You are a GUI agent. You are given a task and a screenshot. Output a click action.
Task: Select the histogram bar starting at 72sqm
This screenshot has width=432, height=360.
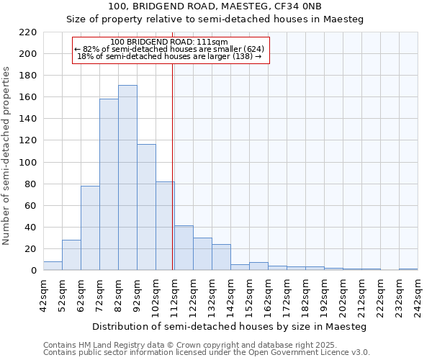click(x=109, y=184)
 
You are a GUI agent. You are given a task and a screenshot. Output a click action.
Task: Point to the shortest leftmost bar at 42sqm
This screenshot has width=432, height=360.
click(x=53, y=266)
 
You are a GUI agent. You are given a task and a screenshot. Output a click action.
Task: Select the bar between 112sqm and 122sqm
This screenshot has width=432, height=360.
click(x=184, y=248)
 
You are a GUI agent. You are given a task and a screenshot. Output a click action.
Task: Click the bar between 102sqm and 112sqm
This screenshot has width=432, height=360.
click(x=165, y=226)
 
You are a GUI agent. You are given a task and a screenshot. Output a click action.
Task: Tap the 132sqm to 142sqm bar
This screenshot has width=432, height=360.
click(x=221, y=257)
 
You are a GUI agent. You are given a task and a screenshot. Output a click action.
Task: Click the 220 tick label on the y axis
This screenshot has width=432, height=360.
click(x=27, y=32)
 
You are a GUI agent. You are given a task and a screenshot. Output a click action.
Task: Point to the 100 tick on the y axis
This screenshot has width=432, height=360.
click(x=27, y=163)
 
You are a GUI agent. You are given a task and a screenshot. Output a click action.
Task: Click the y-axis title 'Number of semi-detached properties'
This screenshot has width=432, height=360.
click(x=6, y=156)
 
